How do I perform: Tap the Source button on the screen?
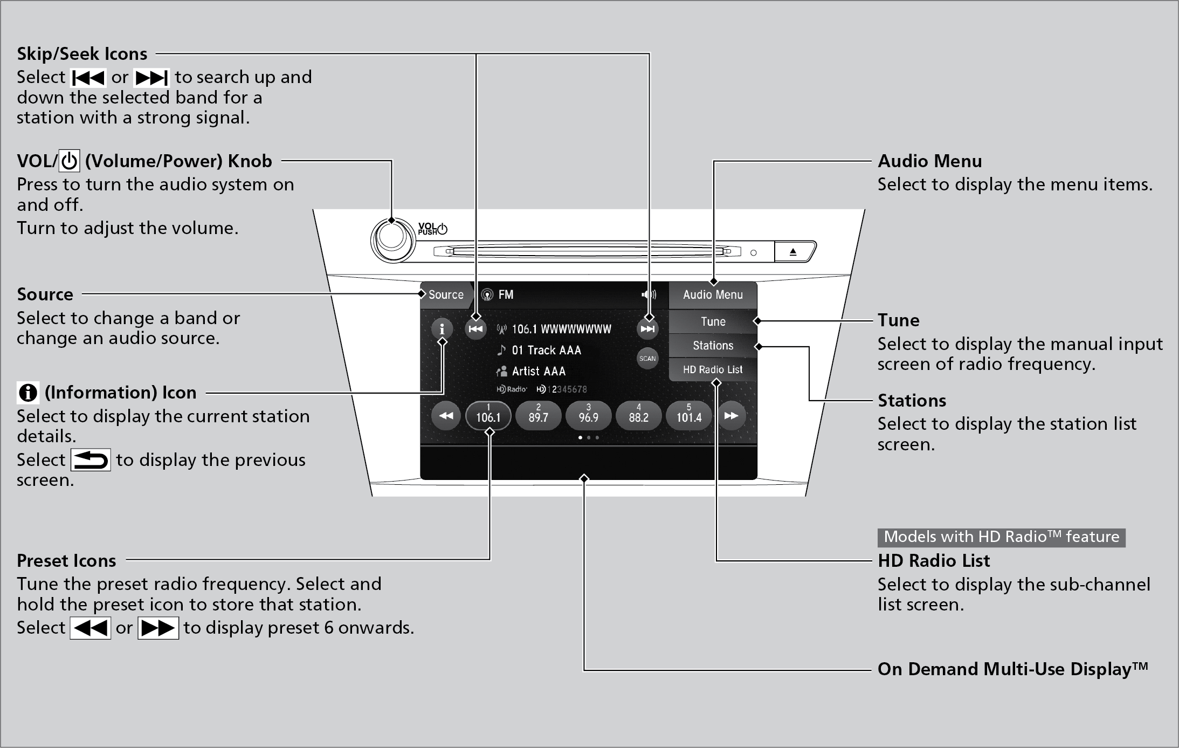[445, 295]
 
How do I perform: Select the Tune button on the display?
[713, 321]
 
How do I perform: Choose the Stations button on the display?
[713, 346]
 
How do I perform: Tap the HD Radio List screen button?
[713, 370]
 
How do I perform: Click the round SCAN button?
[647, 359]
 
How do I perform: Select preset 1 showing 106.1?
[488, 416]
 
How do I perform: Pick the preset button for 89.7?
[538, 416]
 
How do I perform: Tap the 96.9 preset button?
[588, 416]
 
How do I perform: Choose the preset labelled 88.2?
[638, 416]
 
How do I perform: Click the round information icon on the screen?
[442, 328]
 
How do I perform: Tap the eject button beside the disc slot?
[793, 252]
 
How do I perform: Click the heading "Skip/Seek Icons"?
[82, 54]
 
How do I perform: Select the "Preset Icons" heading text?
[66, 561]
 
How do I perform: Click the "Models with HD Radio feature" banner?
[1001, 537]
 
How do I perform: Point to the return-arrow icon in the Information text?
[91, 460]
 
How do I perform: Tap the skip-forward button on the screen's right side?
[647, 329]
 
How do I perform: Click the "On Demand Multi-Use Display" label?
[1012, 669]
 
